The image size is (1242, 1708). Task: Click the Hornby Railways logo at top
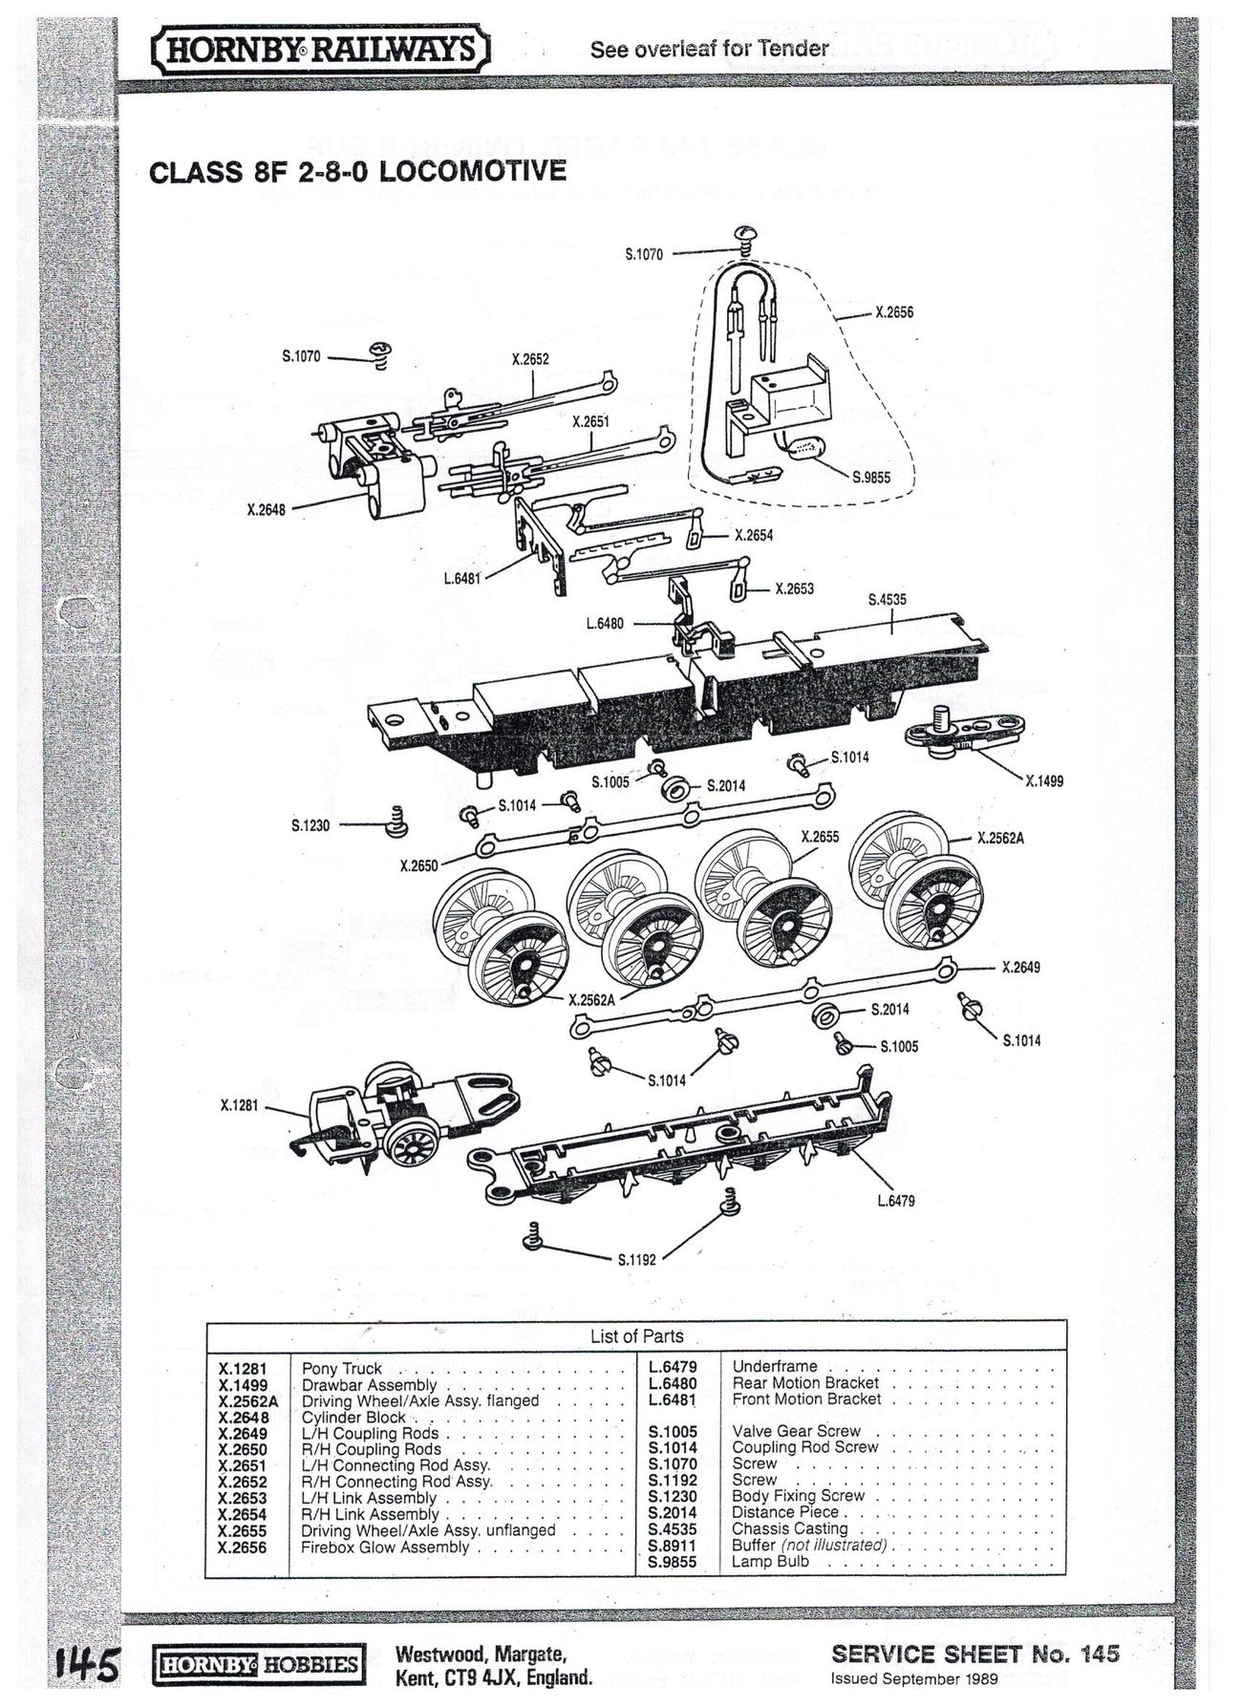(x=321, y=49)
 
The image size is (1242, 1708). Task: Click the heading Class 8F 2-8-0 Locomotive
(x=357, y=172)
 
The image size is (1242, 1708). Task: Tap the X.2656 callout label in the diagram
(x=894, y=311)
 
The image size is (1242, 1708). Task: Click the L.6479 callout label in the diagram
(x=895, y=1201)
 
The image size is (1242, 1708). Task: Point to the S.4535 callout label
(x=887, y=600)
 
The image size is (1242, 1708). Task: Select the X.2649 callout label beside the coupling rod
(x=1020, y=968)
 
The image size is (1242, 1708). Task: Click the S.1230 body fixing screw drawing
(x=396, y=821)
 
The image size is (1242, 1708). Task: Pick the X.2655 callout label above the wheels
(x=819, y=837)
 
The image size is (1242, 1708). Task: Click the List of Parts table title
(x=636, y=1335)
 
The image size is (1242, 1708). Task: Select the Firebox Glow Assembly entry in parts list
(x=385, y=1548)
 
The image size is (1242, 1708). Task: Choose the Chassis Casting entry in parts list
(x=789, y=1528)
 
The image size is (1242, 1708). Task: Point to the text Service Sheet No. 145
(x=974, y=1655)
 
